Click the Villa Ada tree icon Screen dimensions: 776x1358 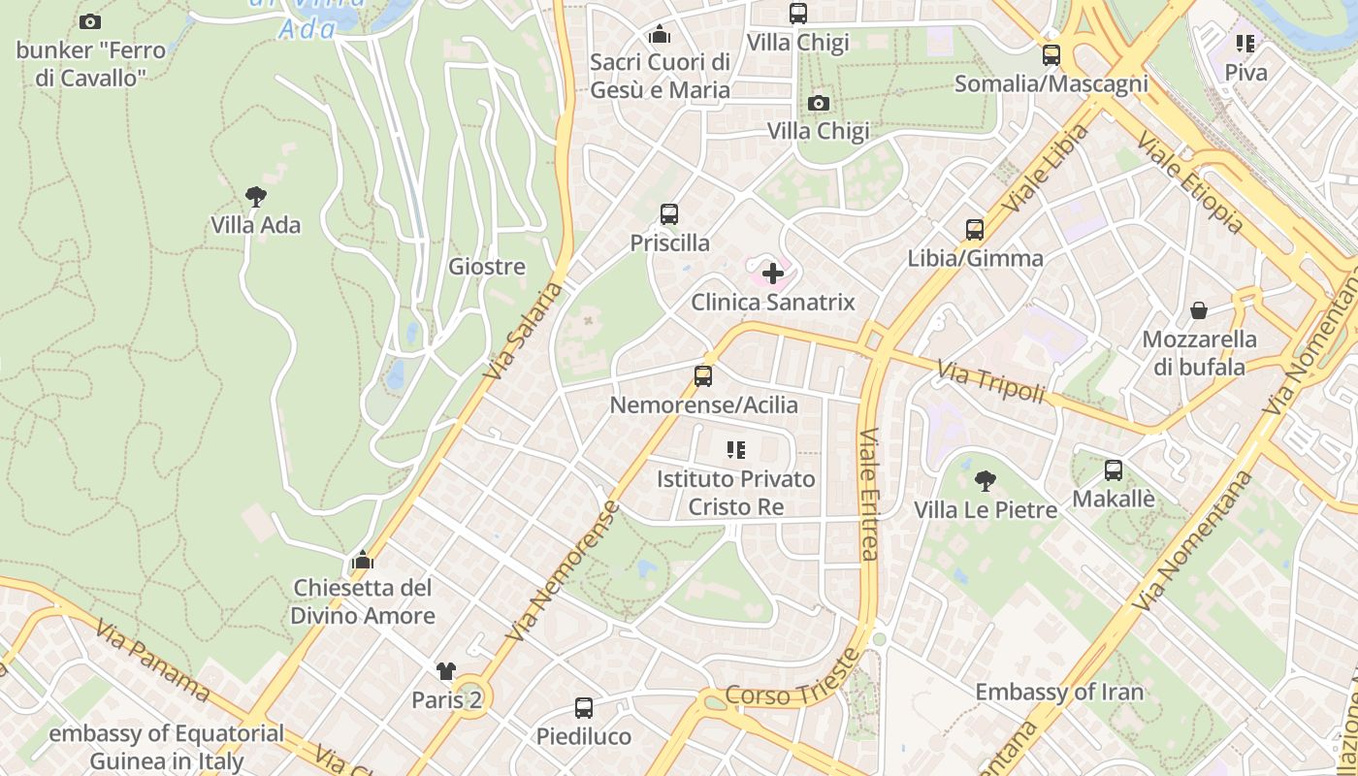pos(256,197)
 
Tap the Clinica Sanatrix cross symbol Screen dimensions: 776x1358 pos(773,274)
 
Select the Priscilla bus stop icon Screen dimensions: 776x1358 pos(669,214)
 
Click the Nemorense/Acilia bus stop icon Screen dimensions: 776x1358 pos(703,376)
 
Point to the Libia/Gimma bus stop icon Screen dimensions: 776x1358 pos(975,230)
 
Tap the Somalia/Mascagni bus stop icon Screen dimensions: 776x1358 pos(1051,55)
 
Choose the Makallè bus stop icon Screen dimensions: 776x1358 pos(1114,470)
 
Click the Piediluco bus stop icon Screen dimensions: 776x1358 pos(584,708)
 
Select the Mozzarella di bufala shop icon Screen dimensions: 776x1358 pos(1199,310)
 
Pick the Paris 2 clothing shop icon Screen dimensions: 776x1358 pos(446,670)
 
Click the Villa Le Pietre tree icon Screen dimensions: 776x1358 pos(986,480)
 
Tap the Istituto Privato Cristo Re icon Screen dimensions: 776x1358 pos(736,450)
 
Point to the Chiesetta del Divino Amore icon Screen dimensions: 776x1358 pos(363,560)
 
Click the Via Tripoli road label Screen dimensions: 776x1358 pos(990,381)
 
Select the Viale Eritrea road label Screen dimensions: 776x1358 pos(868,495)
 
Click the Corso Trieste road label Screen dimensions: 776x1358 pos(792,678)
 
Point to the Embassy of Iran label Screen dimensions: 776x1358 pos(1059,692)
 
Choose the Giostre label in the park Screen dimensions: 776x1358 pos(487,267)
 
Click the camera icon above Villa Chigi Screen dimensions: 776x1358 pos(819,103)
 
